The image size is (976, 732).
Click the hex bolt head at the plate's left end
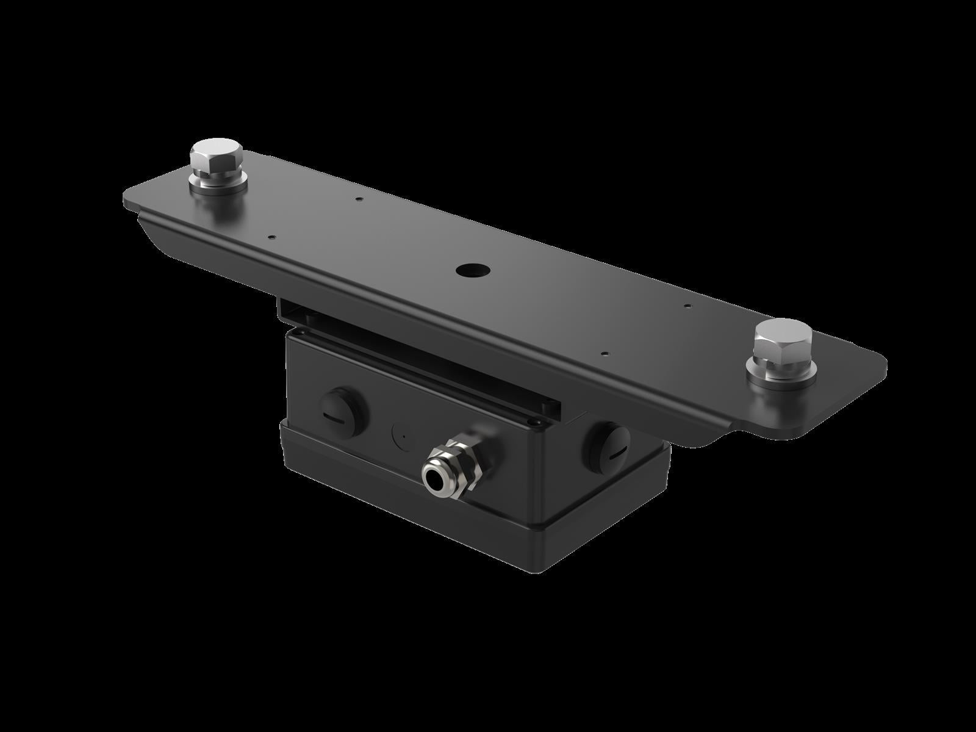tap(216, 157)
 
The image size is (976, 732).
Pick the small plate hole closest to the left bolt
tap(272, 238)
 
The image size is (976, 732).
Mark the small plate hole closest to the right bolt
tap(687, 306)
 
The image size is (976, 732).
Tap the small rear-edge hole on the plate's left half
tap(359, 198)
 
